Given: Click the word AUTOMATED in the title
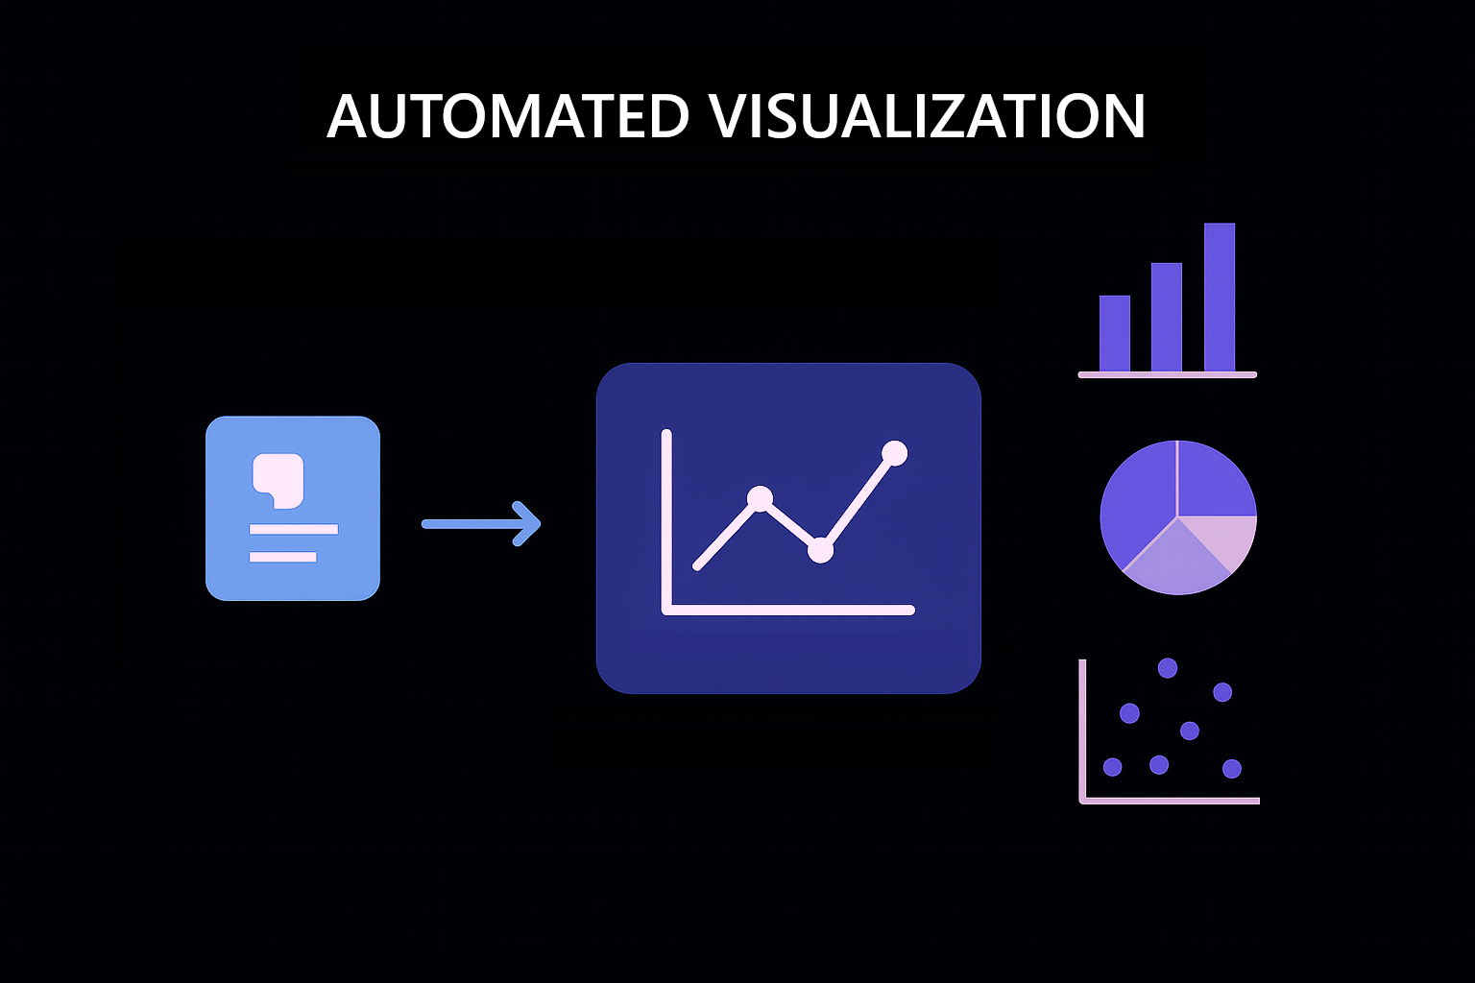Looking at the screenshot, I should tap(508, 117).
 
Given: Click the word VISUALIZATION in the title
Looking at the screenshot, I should tap(927, 117).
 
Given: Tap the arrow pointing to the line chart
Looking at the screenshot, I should tap(481, 524).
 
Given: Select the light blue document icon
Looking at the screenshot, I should tap(293, 508).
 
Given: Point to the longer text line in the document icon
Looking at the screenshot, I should tap(293, 529).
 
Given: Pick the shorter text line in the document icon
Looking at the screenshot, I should tap(282, 557).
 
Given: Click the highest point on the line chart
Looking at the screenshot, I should tap(894, 453).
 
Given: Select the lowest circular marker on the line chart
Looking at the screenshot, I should tap(820, 550).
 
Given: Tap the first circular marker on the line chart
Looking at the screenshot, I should tap(760, 498).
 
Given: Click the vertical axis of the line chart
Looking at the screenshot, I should tap(666, 518).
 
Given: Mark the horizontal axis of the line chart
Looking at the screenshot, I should tap(787, 610).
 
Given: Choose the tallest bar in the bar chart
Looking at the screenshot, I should tap(1220, 297).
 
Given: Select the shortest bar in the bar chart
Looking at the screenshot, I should tap(1115, 333).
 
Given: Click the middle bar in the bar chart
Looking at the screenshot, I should tap(1167, 317).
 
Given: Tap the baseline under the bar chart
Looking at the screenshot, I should tap(1167, 374).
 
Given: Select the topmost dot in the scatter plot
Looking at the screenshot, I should tap(1168, 668).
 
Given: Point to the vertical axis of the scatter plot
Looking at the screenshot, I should tap(1082, 730).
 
